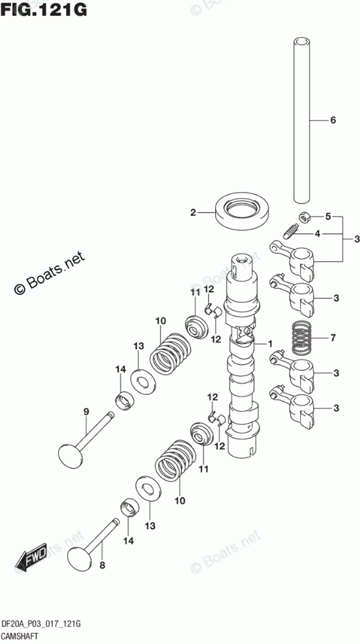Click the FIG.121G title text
click(x=44, y=9)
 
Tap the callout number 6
click(x=333, y=121)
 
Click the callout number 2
click(x=193, y=212)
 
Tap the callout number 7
click(x=333, y=338)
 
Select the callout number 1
click(x=271, y=343)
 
